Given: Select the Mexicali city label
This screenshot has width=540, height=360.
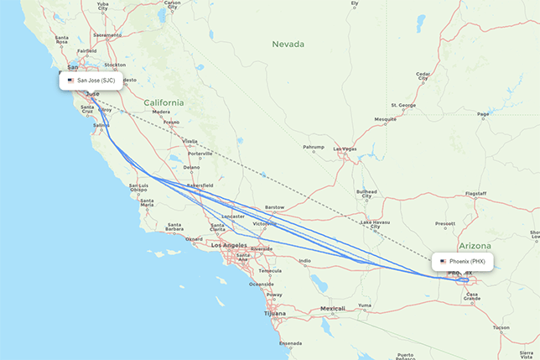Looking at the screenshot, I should pos(332,309).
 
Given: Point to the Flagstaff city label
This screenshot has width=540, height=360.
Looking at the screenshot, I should pos(476,194).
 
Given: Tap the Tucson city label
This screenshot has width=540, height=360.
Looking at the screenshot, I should pos(501,326).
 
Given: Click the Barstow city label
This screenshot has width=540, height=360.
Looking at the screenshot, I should pos(274,206).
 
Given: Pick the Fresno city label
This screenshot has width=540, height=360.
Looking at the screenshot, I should pos(171,123).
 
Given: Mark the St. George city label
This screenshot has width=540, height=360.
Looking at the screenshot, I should pos(402,105).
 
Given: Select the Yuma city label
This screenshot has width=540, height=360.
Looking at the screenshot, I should pos(363,305).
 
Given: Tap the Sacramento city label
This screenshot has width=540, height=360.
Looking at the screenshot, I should pos(107,34).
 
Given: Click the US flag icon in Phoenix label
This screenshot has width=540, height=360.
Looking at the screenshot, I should pos(443,261).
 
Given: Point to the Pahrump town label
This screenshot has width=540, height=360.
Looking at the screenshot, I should pos(313,148).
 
